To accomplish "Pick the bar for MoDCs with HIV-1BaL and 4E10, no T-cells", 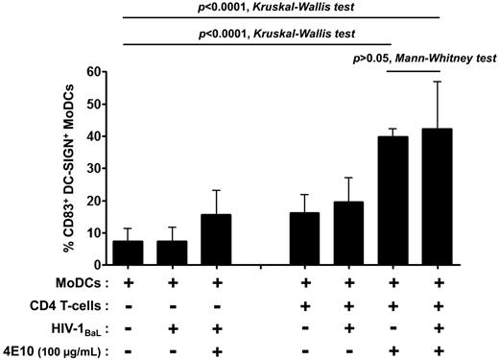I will [218, 240].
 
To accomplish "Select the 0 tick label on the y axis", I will [94, 264].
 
